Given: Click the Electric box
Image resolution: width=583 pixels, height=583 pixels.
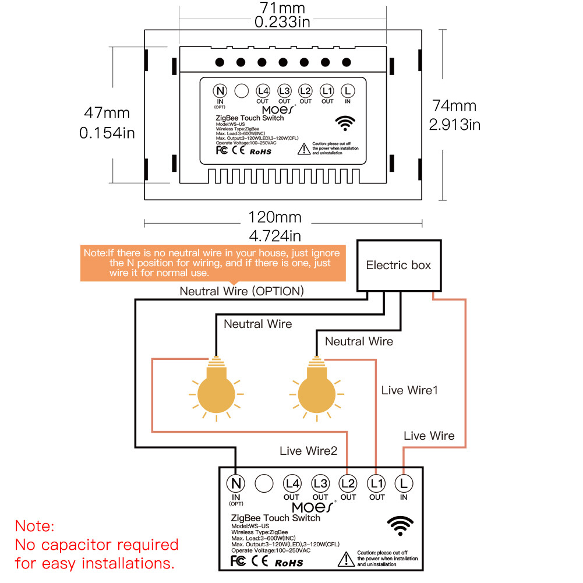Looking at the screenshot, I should [398, 265].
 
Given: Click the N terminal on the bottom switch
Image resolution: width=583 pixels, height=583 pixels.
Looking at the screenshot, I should [236, 483].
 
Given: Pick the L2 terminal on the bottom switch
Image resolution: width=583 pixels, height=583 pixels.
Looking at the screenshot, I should [348, 483].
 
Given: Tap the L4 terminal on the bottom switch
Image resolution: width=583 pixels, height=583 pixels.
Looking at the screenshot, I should [292, 483].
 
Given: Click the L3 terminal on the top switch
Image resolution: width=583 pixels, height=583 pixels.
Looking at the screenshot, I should [284, 91].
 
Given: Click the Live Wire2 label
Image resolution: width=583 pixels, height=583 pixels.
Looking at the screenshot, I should [308, 451].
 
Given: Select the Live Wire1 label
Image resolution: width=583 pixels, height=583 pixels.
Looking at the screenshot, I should [409, 390].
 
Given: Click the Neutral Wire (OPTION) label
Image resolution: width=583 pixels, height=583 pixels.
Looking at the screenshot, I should [241, 291].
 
